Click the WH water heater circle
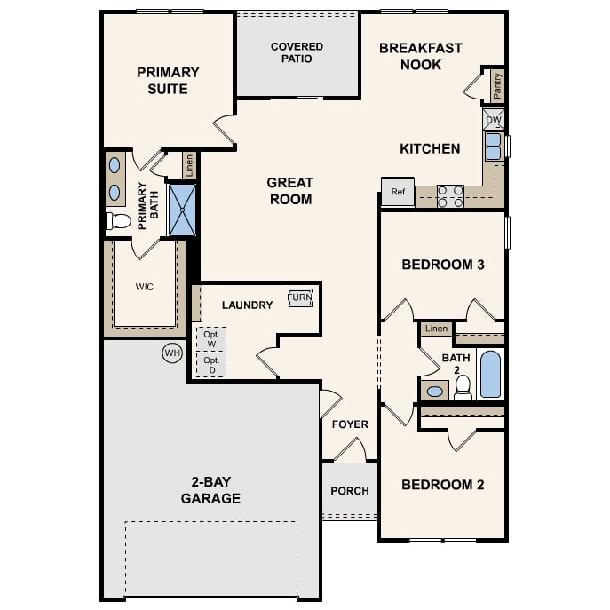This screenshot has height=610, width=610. coord(171,353)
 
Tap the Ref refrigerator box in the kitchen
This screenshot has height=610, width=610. coord(398,192)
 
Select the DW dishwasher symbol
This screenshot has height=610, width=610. coord(494,119)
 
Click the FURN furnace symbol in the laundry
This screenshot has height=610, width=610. coord(300,298)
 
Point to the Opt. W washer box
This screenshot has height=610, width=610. coord(210,339)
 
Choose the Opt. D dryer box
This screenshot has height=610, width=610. coord(210,365)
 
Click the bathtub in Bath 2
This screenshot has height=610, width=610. coord(490,374)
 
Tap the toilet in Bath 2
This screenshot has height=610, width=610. coord(463,386)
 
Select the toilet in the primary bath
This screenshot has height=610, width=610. coord(118,221)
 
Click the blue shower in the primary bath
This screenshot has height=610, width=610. coord(182,210)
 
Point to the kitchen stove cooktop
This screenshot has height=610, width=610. coord(450,195)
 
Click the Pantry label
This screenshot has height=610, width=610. coord(497,85)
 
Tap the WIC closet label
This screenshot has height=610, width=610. coord(145,287)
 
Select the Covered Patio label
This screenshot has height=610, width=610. coord(297,52)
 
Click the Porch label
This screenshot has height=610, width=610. coord(349,491)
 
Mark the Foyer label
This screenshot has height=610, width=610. coord(350,424)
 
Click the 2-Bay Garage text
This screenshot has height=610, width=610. coord(210,490)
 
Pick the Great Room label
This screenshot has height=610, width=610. coord(289,191)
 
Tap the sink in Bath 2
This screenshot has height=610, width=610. coord(435,391)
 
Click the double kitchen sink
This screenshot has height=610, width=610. coord(493,146)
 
